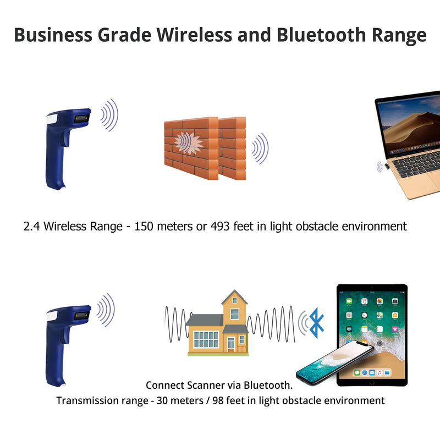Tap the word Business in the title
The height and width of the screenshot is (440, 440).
pyautogui.click(x=52, y=34)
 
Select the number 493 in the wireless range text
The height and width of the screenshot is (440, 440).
pyautogui.click(x=221, y=226)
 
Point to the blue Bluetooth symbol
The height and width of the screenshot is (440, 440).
pyautogui.click(x=317, y=323)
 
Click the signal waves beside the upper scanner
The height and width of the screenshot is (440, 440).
pyautogui.click(x=109, y=115)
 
